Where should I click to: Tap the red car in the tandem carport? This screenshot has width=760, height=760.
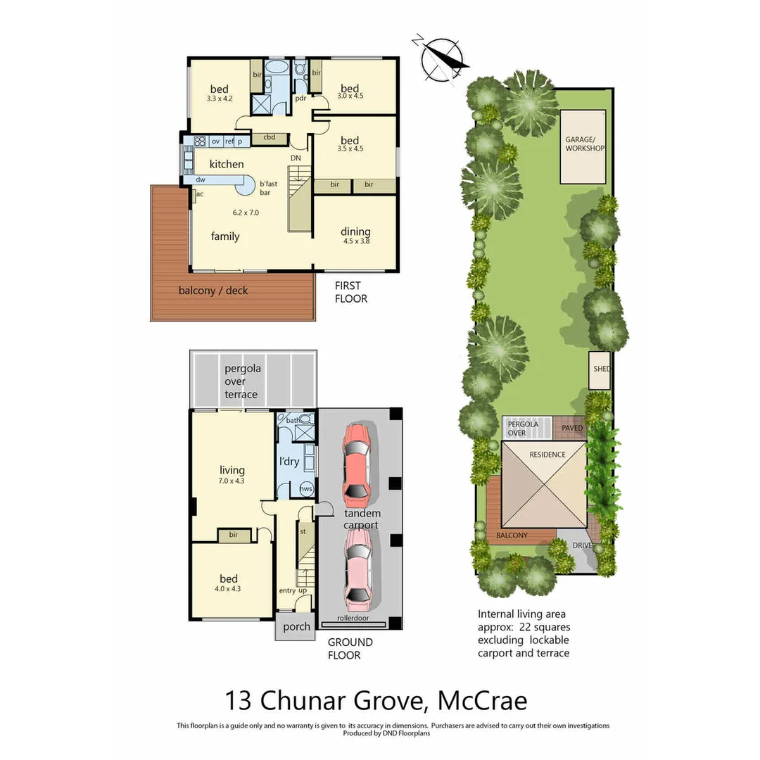[x=357, y=460]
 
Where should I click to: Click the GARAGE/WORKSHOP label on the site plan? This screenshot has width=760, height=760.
[x=584, y=144]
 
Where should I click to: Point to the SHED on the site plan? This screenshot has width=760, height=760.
[x=600, y=369]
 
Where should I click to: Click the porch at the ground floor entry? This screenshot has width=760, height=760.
[x=296, y=626]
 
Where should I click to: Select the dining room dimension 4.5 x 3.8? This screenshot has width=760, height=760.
[x=355, y=241]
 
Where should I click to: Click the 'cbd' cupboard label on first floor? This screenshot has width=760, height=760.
[x=269, y=138]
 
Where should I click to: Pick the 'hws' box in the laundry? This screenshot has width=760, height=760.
[x=306, y=488]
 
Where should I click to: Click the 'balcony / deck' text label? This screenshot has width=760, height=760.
[x=213, y=291]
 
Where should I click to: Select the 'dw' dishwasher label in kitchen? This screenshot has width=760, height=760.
[x=201, y=180]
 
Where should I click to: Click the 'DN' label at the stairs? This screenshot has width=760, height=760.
[x=296, y=158]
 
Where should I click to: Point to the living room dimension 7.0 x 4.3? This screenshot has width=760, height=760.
[x=232, y=481]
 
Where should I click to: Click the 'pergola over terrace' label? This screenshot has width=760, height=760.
[x=241, y=381]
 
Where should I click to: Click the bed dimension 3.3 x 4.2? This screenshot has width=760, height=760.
[x=219, y=99]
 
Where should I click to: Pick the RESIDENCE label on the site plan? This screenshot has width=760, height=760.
[x=547, y=455]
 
